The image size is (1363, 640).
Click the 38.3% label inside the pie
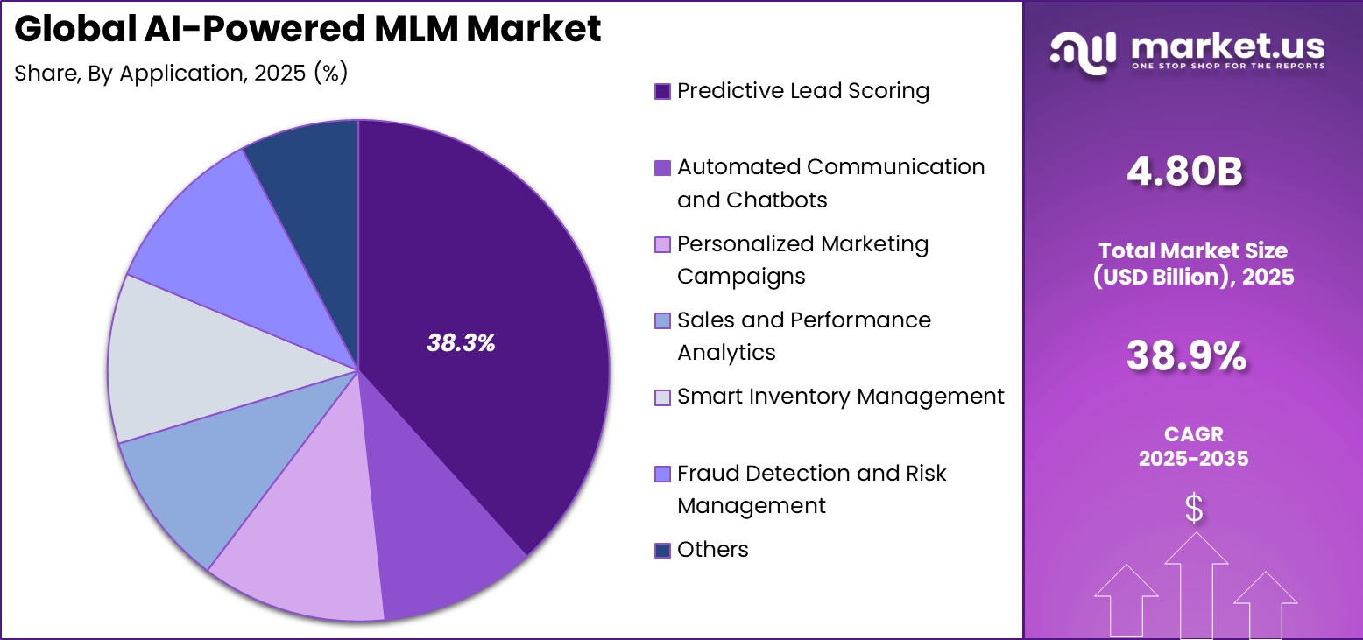tap(461, 344)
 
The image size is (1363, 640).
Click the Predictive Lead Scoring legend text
tap(803, 91)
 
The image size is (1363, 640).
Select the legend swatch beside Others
tap(663, 550)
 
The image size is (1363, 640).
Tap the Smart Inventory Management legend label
tap(841, 397)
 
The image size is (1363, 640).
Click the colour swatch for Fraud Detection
tap(663, 474)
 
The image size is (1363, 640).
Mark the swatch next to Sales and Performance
tap(663, 320)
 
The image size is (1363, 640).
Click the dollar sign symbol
tap(1194, 508)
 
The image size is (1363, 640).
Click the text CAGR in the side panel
tap(1193, 434)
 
